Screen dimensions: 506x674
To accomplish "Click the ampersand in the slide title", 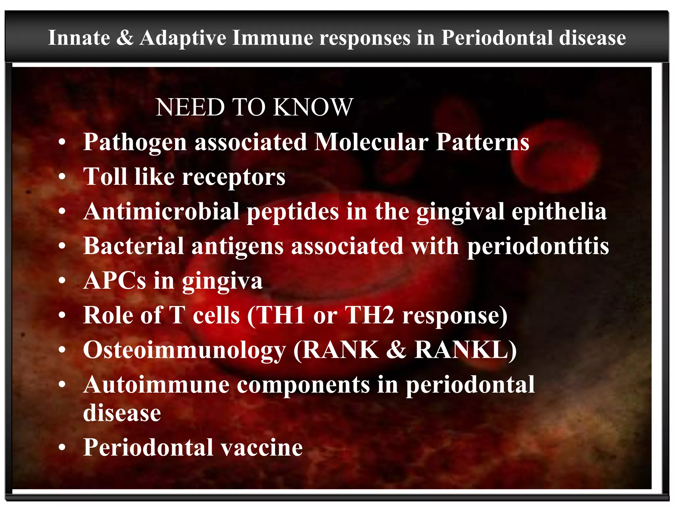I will click(125, 38).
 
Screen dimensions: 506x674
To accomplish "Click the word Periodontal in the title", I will click(497, 38).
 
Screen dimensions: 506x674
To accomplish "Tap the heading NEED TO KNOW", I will click(254, 107).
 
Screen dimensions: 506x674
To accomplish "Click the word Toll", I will click(105, 177).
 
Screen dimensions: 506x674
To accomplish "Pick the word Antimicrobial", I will click(161, 211).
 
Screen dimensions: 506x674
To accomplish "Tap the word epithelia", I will click(559, 211).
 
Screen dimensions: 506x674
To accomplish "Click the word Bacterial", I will click(134, 246).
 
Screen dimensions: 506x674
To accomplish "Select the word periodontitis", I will click(538, 247).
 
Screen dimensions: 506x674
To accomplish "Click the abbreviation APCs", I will click(115, 281).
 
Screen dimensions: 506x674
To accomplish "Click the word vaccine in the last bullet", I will click(261, 448).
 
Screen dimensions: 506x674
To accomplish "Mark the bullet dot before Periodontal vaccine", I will click(62, 448).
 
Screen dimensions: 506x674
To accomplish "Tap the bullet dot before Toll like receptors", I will click(62, 177).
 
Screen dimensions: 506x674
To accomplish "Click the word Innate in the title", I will click(79, 38).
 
